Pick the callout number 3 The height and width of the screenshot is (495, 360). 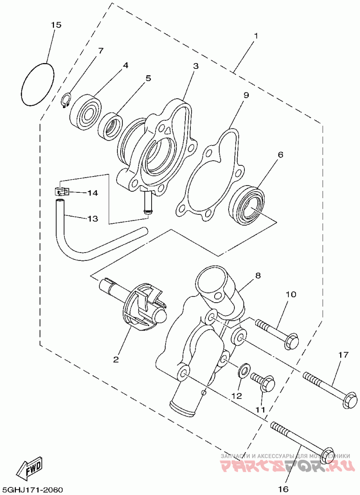[x=196, y=66]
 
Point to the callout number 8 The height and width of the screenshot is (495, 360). [x=257, y=275]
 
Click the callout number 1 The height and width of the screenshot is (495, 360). [x=256, y=36]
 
